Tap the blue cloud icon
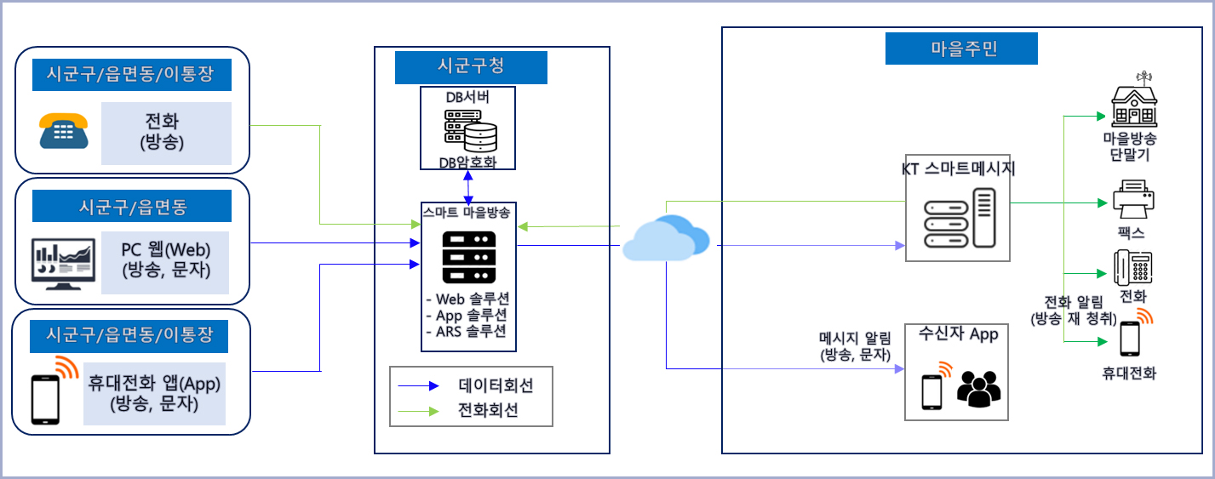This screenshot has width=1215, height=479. coord(666,237)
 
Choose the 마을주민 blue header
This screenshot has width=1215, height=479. coord(961,48)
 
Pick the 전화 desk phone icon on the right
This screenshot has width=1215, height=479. coord(1133,268)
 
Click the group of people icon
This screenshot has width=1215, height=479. coord(979,388)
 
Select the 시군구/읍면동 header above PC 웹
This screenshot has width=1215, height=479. coord(132,206)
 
